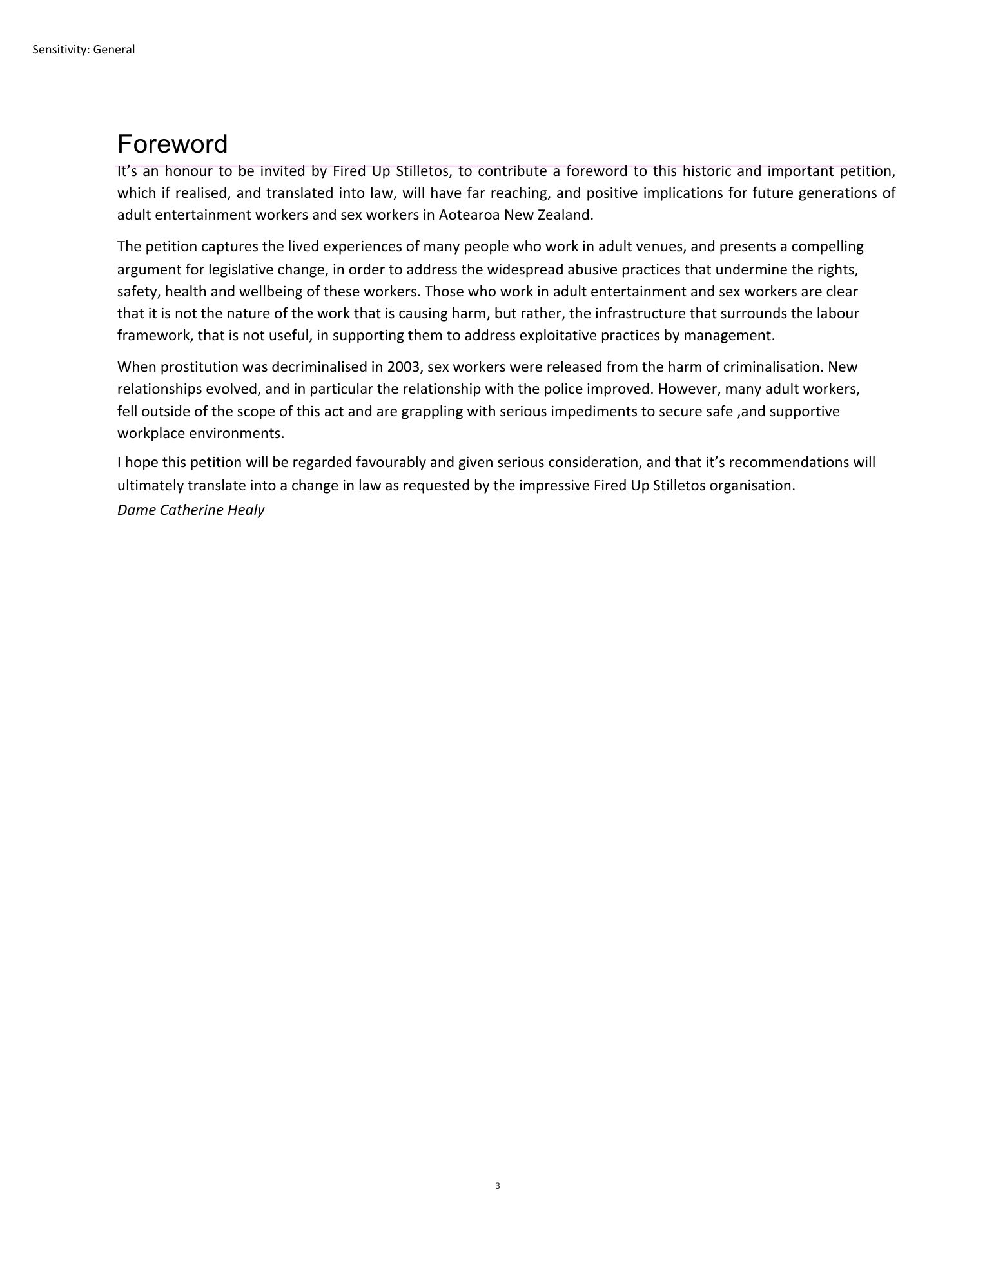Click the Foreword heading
coord(172,144)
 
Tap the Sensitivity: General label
coord(83,50)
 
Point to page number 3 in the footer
coord(498,1186)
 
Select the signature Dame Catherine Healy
coord(191,510)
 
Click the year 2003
coord(404,367)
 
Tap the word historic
coord(707,171)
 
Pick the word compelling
coord(827,247)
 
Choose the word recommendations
coord(788,463)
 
